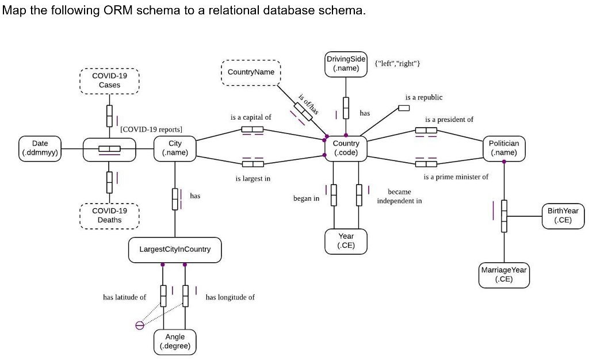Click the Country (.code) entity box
[346, 148]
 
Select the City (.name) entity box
[175, 148]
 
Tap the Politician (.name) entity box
[503, 148]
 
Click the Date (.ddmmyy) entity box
[40, 148]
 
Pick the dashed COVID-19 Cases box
[109, 81]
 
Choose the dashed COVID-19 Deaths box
[109, 216]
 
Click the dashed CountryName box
[251, 72]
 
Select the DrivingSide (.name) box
[346, 64]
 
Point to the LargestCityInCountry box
[175, 250]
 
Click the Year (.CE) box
[346, 241]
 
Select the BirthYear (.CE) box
[563, 216]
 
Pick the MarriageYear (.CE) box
[503, 275]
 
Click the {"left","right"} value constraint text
[397, 64]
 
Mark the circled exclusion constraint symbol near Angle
[139, 325]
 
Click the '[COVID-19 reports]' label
[151, 129]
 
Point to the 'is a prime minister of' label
[456, 177]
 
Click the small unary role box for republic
[404, 108]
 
